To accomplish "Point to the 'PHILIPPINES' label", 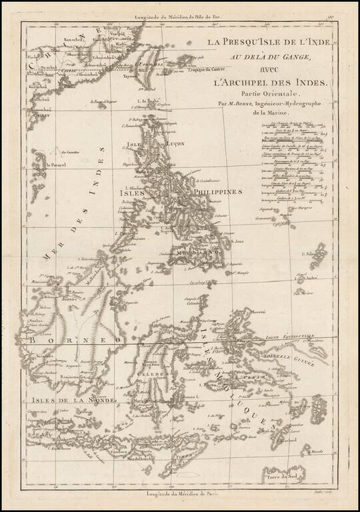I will [x=215, y=191].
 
